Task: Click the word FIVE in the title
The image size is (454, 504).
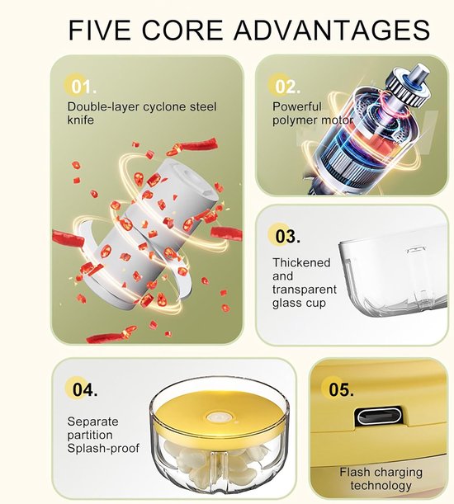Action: pyautogui.click(x=99, y=30)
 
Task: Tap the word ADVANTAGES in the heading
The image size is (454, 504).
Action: pyautogui.click(x=332, y=30)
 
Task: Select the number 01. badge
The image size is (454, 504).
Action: pyautogui.click(x=81, y=86)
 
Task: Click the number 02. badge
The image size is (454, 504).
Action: pyautogui.click(x=286, y=86)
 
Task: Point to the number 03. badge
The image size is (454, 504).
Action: pyautogui.click(x=286, y=236)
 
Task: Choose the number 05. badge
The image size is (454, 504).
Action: pyautogui.click(x=338, y=389)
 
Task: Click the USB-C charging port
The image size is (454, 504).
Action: pyautogui.click(x=378, y=417)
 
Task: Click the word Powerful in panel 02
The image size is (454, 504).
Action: pyautogui.click(x=297, y=106)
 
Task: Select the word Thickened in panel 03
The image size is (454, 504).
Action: pyautogui.click(x=301, y=262)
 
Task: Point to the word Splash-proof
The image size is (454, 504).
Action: pyautogui.click(x=103, y=449)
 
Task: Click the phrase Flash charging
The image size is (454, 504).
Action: pyautogui.click(x=381, y=472)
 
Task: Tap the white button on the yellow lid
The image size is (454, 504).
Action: pyautogui.click(x=219, y=417)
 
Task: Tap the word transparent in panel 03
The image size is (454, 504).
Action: pyautogui.click(x=305, y=290)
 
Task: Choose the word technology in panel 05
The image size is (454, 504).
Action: pyautogui.click(x=381, y=485)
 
